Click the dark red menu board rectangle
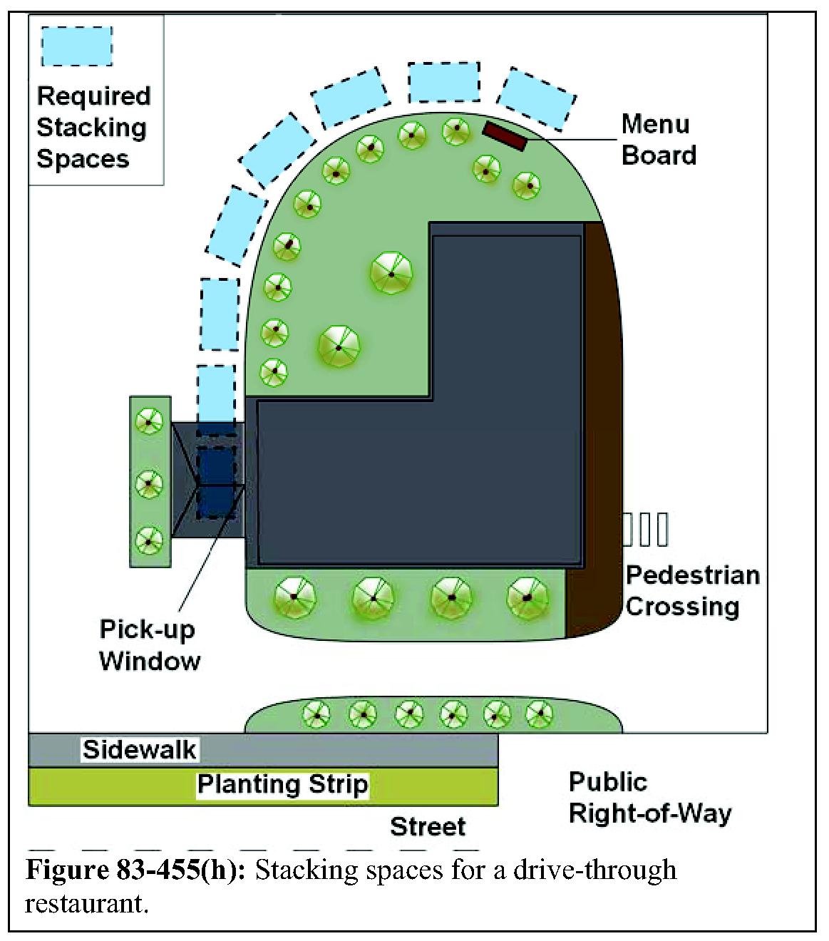pyautogui.click(x=505, y=136)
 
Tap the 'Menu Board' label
pyautogui.click(x=658, y=140)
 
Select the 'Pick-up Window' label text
pyautogui.click(x=150, y=645)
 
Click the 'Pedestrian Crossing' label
pyautogui.click(x=691, y=591)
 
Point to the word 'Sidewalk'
pyautogui.click(x=139, y=749)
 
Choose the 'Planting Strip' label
pyautogui.click(x=282, y=784)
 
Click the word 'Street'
pyautogui.click(x=428, y=826)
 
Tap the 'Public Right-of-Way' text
pyautogui.click(x=649, y=798)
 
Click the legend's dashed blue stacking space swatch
pyautogui.click(x=77, y=46)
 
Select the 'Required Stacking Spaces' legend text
pyautogui.click(x=93, y=128)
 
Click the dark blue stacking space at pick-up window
pyautogui.click(x=216, y=483)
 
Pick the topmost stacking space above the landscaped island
pyautogui.click(x=443, y=82)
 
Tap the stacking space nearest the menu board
pyautogui.click(x=536, y=98)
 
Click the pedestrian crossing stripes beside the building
pyautogui.click(x=646, y=530)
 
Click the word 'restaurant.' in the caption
pyautogui.click(x=86, y=904)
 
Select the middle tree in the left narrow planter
pyautogui.click(x=149, y=483)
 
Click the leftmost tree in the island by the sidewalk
pyautogui.click(x=316, y=714)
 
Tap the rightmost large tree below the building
pyautogui.click(x=527, y=597)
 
